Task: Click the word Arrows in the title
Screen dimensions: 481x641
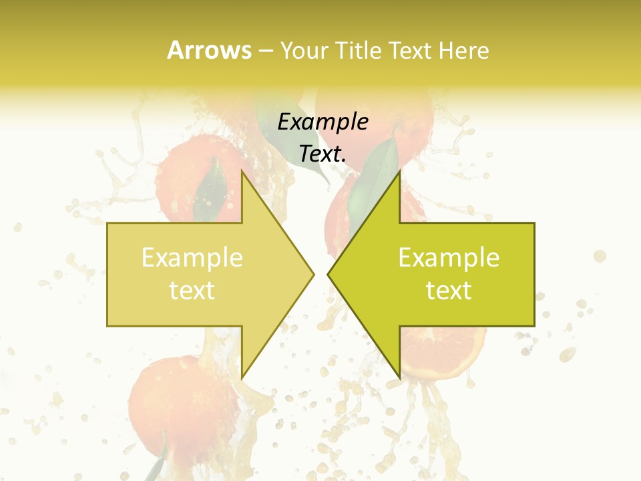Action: [210, 50]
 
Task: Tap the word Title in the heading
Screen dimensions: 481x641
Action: [359, 51]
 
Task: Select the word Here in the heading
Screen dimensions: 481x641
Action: [464, 51]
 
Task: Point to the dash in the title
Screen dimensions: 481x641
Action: [265, 51]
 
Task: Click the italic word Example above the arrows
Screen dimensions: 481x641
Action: [323, 122]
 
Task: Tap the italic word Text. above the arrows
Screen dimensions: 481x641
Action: [323, 154]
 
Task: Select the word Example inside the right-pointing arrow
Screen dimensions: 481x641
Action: [192, 258]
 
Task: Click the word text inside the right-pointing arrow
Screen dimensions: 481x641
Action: [192, 291]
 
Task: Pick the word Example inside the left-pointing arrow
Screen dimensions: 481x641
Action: [449, 258]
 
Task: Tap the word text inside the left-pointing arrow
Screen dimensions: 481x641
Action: [449, 291]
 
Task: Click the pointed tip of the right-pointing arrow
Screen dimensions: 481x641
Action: [314, 274]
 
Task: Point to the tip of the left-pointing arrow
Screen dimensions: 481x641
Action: [328, 274]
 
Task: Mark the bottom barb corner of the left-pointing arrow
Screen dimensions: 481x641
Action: [399, 378]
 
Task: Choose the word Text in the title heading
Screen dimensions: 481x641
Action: [409, 51]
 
